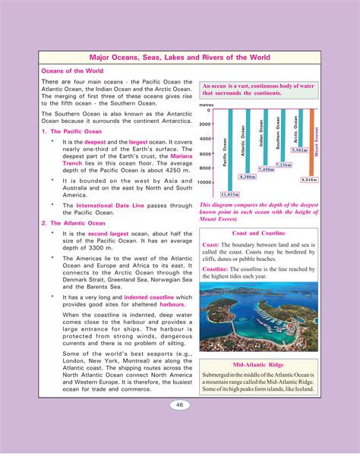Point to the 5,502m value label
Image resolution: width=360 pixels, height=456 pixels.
[298, 150]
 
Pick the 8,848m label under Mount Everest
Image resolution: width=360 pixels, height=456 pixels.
[309, 180]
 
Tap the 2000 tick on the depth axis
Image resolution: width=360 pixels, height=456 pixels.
[206, 124]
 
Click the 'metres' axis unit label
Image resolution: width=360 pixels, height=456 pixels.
[207, 105]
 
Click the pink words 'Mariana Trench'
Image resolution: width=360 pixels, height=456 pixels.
[171, 157]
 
